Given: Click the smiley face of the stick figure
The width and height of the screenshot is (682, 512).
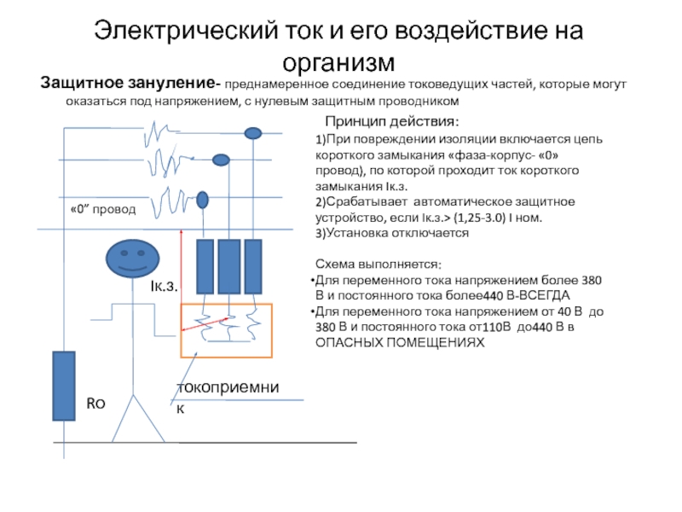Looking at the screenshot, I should [133, 256].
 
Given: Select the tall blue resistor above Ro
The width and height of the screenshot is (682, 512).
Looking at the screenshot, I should [63, 385].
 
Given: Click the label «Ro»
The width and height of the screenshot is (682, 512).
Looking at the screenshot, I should [95, 400].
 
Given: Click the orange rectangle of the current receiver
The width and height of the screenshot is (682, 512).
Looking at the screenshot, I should [226, 329].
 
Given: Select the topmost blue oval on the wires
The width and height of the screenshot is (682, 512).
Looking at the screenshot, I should [252, 133].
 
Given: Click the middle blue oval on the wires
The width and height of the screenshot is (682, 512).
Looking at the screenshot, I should [221, 160].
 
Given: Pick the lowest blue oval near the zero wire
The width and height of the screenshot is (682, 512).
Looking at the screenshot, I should [203, 200].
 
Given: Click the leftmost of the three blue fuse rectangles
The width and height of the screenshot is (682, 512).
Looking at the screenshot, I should [205, 266].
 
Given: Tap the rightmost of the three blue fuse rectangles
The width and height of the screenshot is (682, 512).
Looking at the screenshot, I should [253, 266].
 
